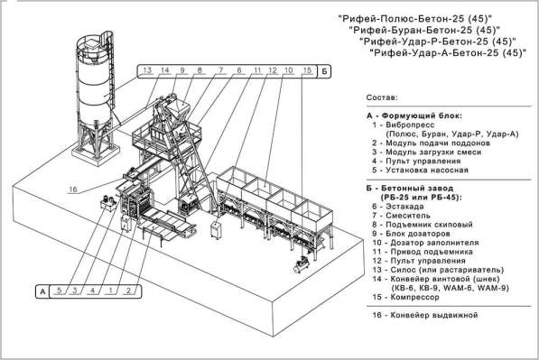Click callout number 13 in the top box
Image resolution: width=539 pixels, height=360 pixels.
[147, 70]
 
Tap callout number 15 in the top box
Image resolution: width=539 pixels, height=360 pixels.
[307, 70]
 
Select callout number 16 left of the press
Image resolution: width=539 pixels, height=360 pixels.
[73, 189]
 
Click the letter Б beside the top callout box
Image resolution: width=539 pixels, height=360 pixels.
[324, 72]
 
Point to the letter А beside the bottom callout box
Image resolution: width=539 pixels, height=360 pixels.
[42, 291]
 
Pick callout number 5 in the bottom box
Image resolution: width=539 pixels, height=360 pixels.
[59, 291]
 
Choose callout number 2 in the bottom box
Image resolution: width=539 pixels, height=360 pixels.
[128, 291]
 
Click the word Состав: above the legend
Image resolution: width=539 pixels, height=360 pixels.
[382, 97]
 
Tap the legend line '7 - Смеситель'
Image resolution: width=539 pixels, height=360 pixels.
[401, 216]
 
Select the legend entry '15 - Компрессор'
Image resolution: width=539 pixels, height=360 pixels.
[405, 297]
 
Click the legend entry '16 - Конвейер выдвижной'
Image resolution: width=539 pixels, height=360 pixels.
[425, 315]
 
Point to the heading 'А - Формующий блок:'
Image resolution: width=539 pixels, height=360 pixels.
[414, 115]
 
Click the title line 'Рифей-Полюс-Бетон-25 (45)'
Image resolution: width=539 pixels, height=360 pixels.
[415, 17]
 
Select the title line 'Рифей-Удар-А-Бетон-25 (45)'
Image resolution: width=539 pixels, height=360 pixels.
[448, 53]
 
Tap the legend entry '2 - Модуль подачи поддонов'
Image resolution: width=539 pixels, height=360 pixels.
[431, 143]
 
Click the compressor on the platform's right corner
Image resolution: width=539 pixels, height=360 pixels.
[302, 265]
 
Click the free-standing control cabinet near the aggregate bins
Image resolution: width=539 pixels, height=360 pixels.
[216, 229]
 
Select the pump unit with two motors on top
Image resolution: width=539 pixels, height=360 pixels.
[108, 203]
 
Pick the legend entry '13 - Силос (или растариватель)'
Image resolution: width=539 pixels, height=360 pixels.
[438, 270]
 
